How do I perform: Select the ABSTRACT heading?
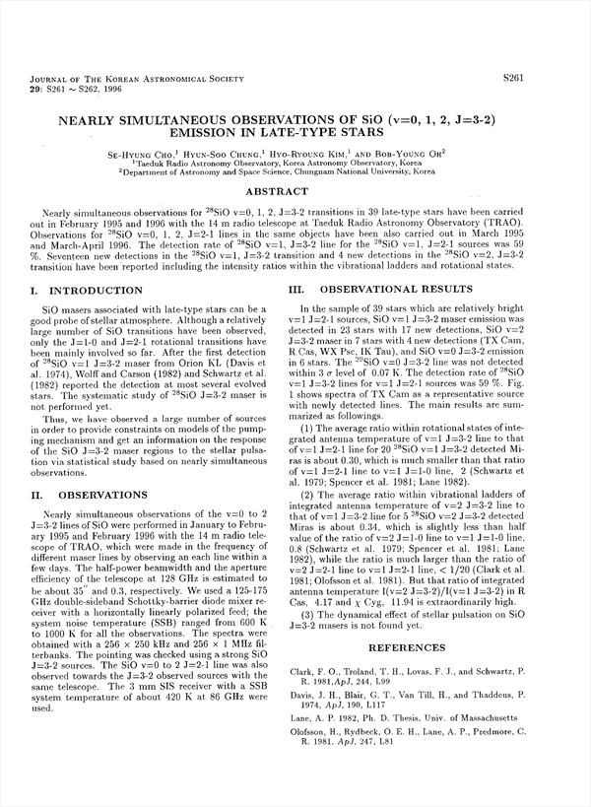(295, 191)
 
